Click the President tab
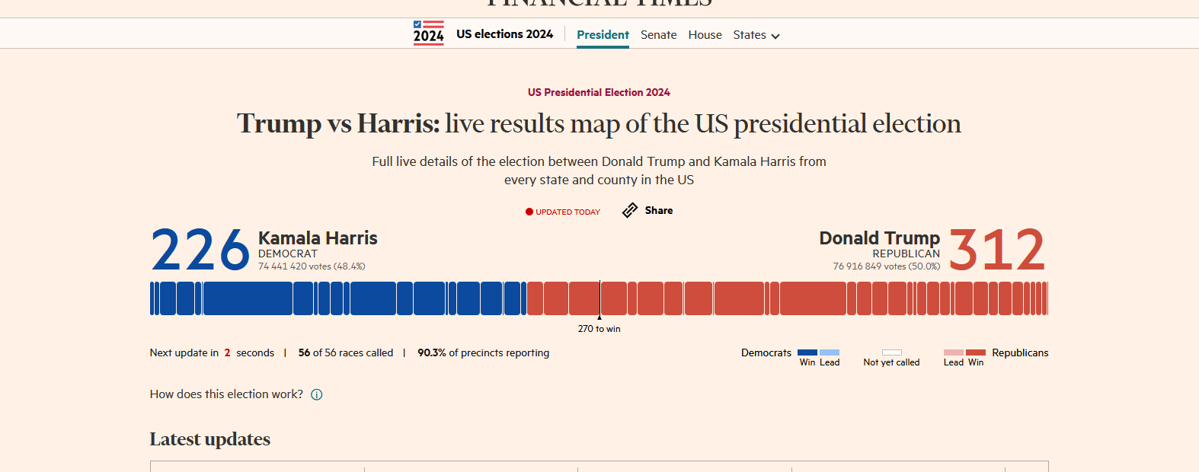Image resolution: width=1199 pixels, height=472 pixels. coord(603,35)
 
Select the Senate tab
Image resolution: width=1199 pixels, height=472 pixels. coord(658,35)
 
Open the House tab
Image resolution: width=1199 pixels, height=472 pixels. coord(705,35)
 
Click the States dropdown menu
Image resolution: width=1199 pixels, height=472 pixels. coord(756,35)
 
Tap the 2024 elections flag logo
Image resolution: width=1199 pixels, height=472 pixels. coord(429,33)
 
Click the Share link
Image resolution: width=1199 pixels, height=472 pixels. coord(658,211)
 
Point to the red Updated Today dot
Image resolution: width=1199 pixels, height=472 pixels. coord(529,212)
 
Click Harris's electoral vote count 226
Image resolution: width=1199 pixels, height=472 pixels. coord(200,250)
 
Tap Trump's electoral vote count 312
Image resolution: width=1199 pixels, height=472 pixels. coord(997,250)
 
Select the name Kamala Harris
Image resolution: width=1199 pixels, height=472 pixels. coord(318,238)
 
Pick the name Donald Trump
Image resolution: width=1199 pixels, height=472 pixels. coord(879,238)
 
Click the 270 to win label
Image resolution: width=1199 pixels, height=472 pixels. coord(599,329)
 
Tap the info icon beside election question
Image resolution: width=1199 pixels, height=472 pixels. coord(317,394)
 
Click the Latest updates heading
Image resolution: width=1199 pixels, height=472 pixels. coord(210,439)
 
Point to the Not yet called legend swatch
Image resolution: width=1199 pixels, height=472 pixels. coord(891,352)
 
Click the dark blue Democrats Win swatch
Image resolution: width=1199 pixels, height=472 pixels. coord(807,352)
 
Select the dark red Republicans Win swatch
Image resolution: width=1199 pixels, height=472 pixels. coord(976,352)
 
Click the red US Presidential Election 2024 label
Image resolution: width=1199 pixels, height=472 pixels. coord(599,92)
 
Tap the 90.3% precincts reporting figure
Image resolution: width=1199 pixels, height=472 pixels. coord(431,352)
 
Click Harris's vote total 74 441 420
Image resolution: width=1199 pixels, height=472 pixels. coord(283,266)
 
